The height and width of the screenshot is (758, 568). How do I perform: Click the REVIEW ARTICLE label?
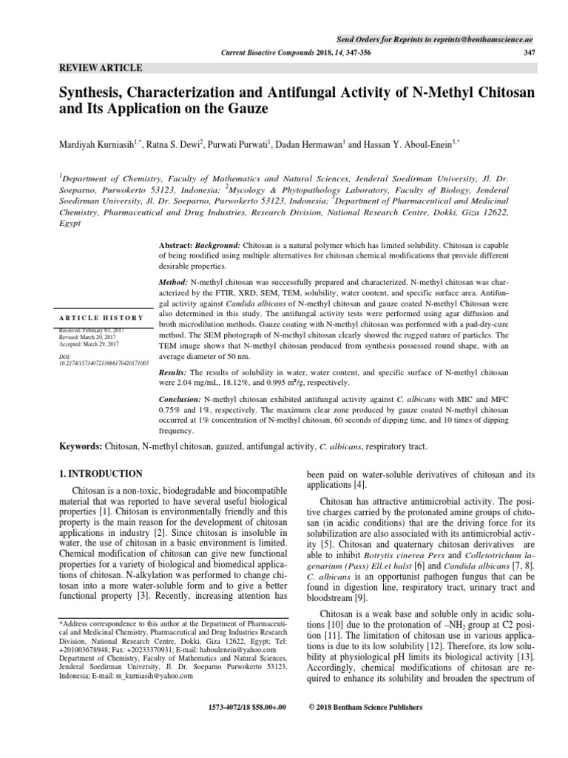coord(101,67)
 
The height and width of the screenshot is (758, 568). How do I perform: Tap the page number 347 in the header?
coord(528,53)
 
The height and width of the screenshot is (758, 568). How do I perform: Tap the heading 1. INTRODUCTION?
coord(101,473)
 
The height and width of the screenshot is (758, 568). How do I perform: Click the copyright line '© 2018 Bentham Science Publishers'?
coord(365,707)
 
